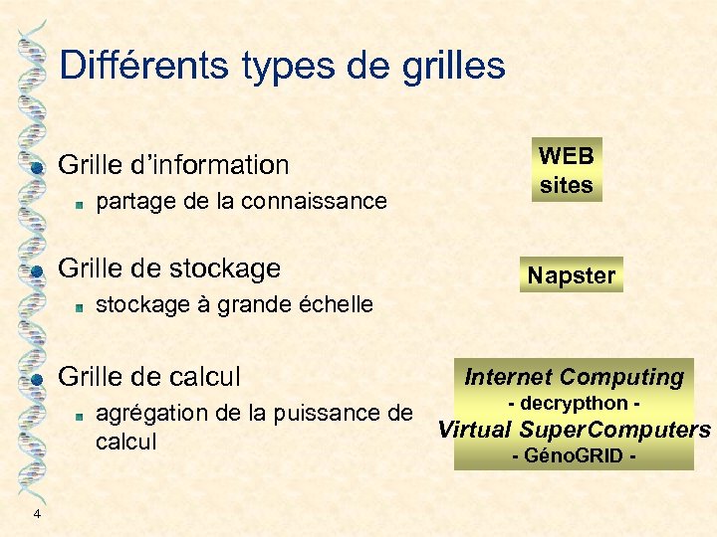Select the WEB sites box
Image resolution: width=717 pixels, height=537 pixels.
coord(566,170)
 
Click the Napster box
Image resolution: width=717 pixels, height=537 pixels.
coord(572,275)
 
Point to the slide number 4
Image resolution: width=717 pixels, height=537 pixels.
coord(37,513)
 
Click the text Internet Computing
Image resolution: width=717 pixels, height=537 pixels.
coord(574,377)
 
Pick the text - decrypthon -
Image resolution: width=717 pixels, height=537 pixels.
coord(574,404)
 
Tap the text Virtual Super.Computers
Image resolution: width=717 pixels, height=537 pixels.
coord(575,431)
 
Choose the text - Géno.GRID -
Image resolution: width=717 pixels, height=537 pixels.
coord(574,456)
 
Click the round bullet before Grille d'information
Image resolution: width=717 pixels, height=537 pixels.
coord(36,167)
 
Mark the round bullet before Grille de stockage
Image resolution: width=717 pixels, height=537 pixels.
coord(36,270)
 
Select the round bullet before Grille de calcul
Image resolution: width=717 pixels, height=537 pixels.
coord(36,379)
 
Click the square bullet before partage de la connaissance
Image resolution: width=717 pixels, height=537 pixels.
coord(78,203)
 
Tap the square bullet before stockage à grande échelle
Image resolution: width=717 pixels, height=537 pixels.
coord(78,306)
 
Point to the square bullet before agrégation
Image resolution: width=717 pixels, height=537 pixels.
coord(78,415)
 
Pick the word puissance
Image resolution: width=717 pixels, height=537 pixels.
coord(338,413)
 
